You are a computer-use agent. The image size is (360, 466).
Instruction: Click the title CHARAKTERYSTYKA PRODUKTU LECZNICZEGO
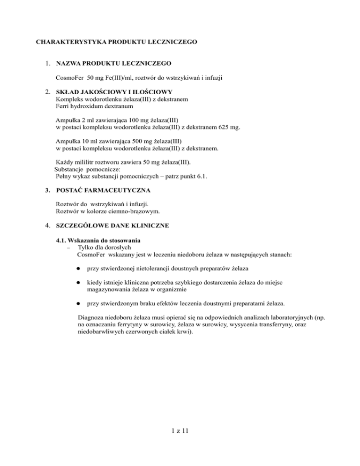coord(116,41)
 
